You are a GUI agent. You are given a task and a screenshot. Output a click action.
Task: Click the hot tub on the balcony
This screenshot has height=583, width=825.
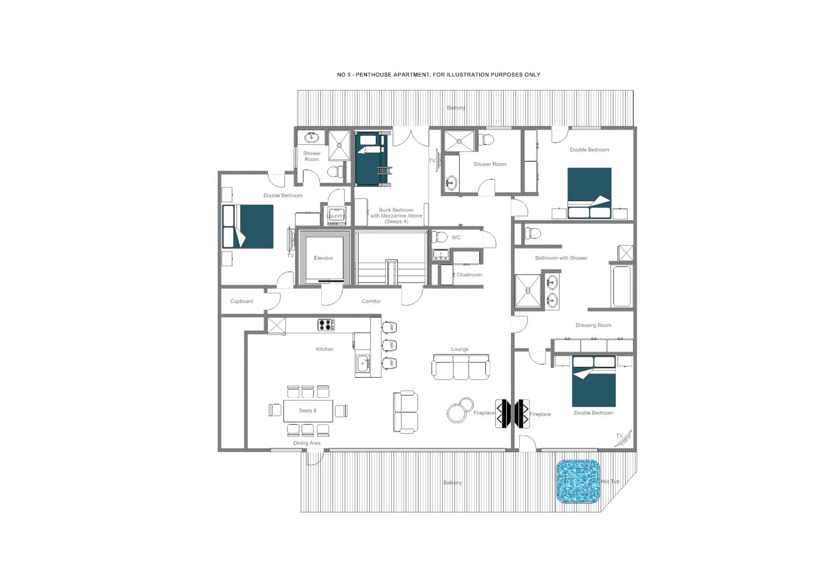coord(578,481)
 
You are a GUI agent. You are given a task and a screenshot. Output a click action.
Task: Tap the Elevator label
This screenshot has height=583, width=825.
coord(323,258)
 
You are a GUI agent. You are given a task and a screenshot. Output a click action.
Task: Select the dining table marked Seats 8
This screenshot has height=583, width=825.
coord(308,410)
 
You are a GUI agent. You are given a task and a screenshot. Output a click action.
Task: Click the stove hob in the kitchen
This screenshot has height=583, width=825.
coord(326,325)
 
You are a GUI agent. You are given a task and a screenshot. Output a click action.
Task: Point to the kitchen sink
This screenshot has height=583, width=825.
coord(363,363)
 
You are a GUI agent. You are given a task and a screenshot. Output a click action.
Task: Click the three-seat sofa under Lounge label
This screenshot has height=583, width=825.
coord(460,367)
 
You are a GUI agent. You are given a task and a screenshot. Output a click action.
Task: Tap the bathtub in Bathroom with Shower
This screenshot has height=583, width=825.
coord(622,286)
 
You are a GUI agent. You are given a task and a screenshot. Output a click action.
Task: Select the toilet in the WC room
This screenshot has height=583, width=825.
coord(440,237)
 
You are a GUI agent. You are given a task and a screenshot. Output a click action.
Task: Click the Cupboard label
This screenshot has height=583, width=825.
coord(241,301)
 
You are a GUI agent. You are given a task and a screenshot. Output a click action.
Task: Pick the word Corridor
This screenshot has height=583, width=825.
coord(371,301)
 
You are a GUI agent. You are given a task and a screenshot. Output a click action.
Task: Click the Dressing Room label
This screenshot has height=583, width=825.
coord(593,325)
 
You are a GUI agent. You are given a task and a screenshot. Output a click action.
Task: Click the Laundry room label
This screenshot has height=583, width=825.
coord(335,216)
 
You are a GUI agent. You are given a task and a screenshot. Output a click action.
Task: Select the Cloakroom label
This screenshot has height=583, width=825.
coord(469,275)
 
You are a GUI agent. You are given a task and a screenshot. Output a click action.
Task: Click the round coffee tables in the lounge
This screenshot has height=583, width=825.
coord(460,410)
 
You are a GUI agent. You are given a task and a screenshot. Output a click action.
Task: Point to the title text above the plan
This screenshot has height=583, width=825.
coord(438,75)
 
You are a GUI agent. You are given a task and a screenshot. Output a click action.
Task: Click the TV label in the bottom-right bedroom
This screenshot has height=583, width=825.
coord(619,436)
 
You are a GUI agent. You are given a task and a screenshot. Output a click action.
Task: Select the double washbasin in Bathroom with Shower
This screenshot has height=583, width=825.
coord(552,291)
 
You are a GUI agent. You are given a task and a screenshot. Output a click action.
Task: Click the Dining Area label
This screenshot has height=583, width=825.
coord(307,443)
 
